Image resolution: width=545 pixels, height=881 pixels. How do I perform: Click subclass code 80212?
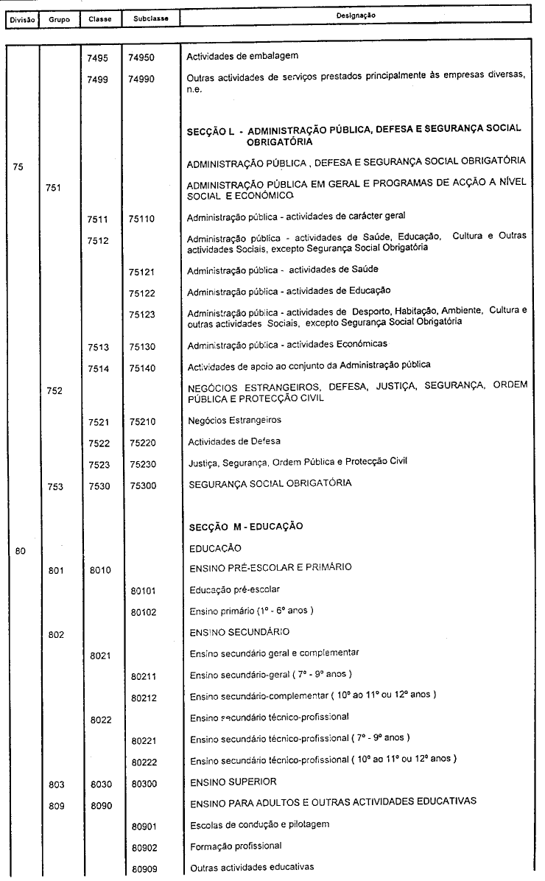point(144,697)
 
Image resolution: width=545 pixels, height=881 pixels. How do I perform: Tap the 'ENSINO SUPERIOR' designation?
point(225,782)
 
